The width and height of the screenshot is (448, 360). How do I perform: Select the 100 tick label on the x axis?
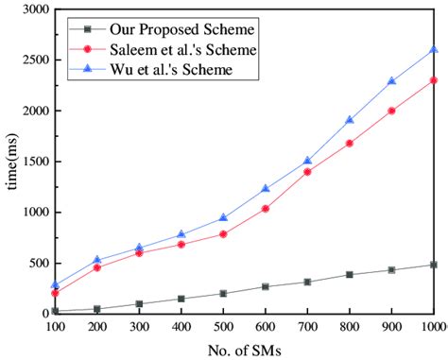click(x=55, y=325)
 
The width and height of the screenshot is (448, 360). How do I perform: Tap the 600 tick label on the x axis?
click(x=266, y=325)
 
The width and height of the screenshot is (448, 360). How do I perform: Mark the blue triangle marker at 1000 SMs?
click(x=433, y=50)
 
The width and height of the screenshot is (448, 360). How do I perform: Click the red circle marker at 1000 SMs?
click(x=433, y=80)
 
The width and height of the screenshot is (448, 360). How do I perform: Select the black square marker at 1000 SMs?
click(x=433, y=265)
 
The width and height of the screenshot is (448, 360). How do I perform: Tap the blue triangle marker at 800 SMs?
click(x=349, y=120)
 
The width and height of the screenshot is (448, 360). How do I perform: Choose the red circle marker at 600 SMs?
click(x=266, y=208)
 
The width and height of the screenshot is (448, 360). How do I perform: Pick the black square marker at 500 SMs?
click(x=223, y=293)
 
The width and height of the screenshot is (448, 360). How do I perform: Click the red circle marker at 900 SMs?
click(x=391, y=111)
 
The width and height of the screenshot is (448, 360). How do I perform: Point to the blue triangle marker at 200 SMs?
click(x=97, y=260)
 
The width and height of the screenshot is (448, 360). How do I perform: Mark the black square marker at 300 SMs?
click(x=139, y=304)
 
